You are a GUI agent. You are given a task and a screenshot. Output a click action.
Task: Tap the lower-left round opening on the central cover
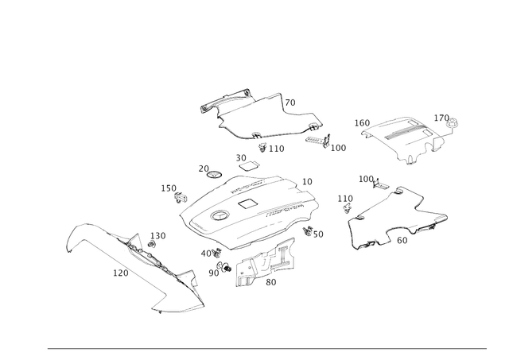tap(216, 215)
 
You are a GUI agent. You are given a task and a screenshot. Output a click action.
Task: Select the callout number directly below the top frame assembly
tap(271, 148)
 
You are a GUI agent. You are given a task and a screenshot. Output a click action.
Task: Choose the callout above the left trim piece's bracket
tap(156, 235)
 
